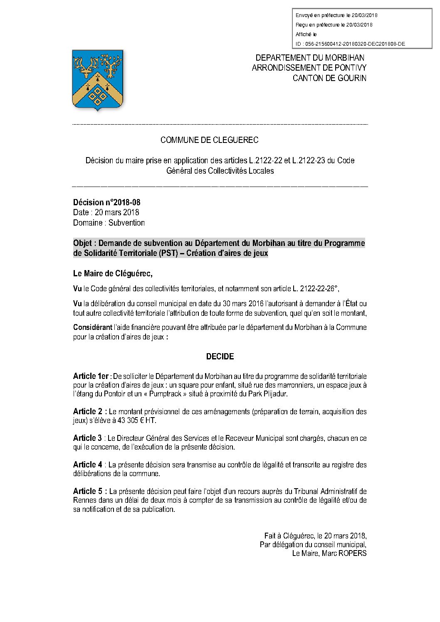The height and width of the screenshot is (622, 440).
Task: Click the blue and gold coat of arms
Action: click(98, 79)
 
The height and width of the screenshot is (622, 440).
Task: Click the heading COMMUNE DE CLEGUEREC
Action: click(209, 140)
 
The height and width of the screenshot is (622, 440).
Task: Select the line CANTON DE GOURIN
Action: click(329, 78)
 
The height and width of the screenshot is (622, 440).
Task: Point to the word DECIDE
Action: click(220, 356)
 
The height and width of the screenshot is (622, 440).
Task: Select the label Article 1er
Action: click(91, 376)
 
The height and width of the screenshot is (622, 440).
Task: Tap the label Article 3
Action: click(87, 438)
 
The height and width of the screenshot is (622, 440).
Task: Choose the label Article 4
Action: click(87, 465)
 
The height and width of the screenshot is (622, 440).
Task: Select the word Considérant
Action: click(93, 327)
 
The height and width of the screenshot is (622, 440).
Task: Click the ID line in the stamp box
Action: click(350, 44)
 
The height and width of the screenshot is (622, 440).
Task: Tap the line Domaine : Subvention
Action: click(109, 223)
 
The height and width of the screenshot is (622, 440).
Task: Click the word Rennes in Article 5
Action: click(84, 500)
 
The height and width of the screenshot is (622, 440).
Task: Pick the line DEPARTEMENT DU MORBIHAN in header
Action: click(310, 58)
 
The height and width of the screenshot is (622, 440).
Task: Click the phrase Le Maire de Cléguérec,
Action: click(113, 273)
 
